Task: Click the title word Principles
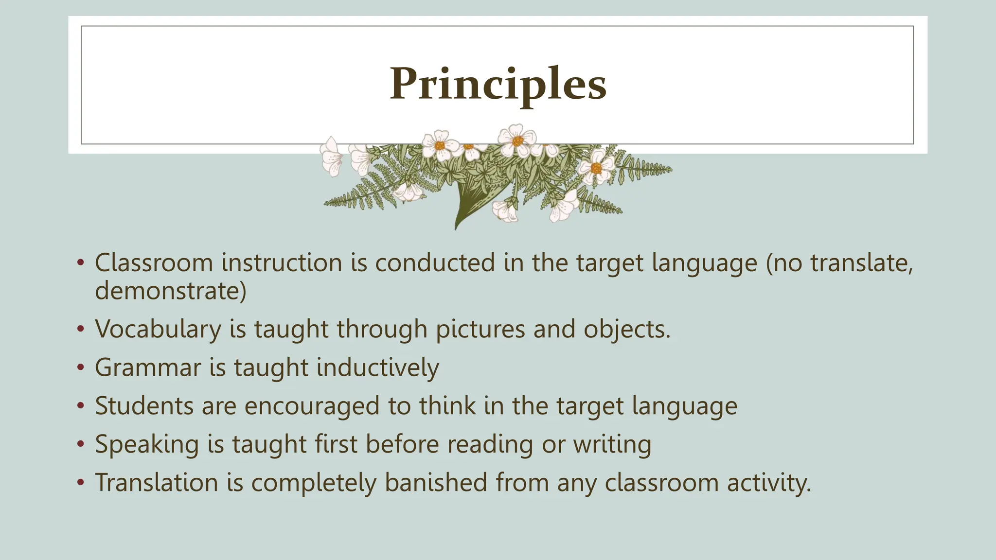tap(498, 85)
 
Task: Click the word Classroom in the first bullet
tap(154, 263)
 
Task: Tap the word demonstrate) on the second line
tap(171, 291)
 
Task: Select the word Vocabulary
tap(158, 329)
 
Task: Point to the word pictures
tap(480, 329)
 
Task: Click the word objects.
tap(627, 329)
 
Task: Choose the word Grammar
tap(148, 367)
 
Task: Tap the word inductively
tap(377, 367)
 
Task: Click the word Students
tap(144, 406)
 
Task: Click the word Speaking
tap(147, 445)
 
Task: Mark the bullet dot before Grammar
tap(81, 367)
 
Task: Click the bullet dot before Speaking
tap(81, 444)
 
